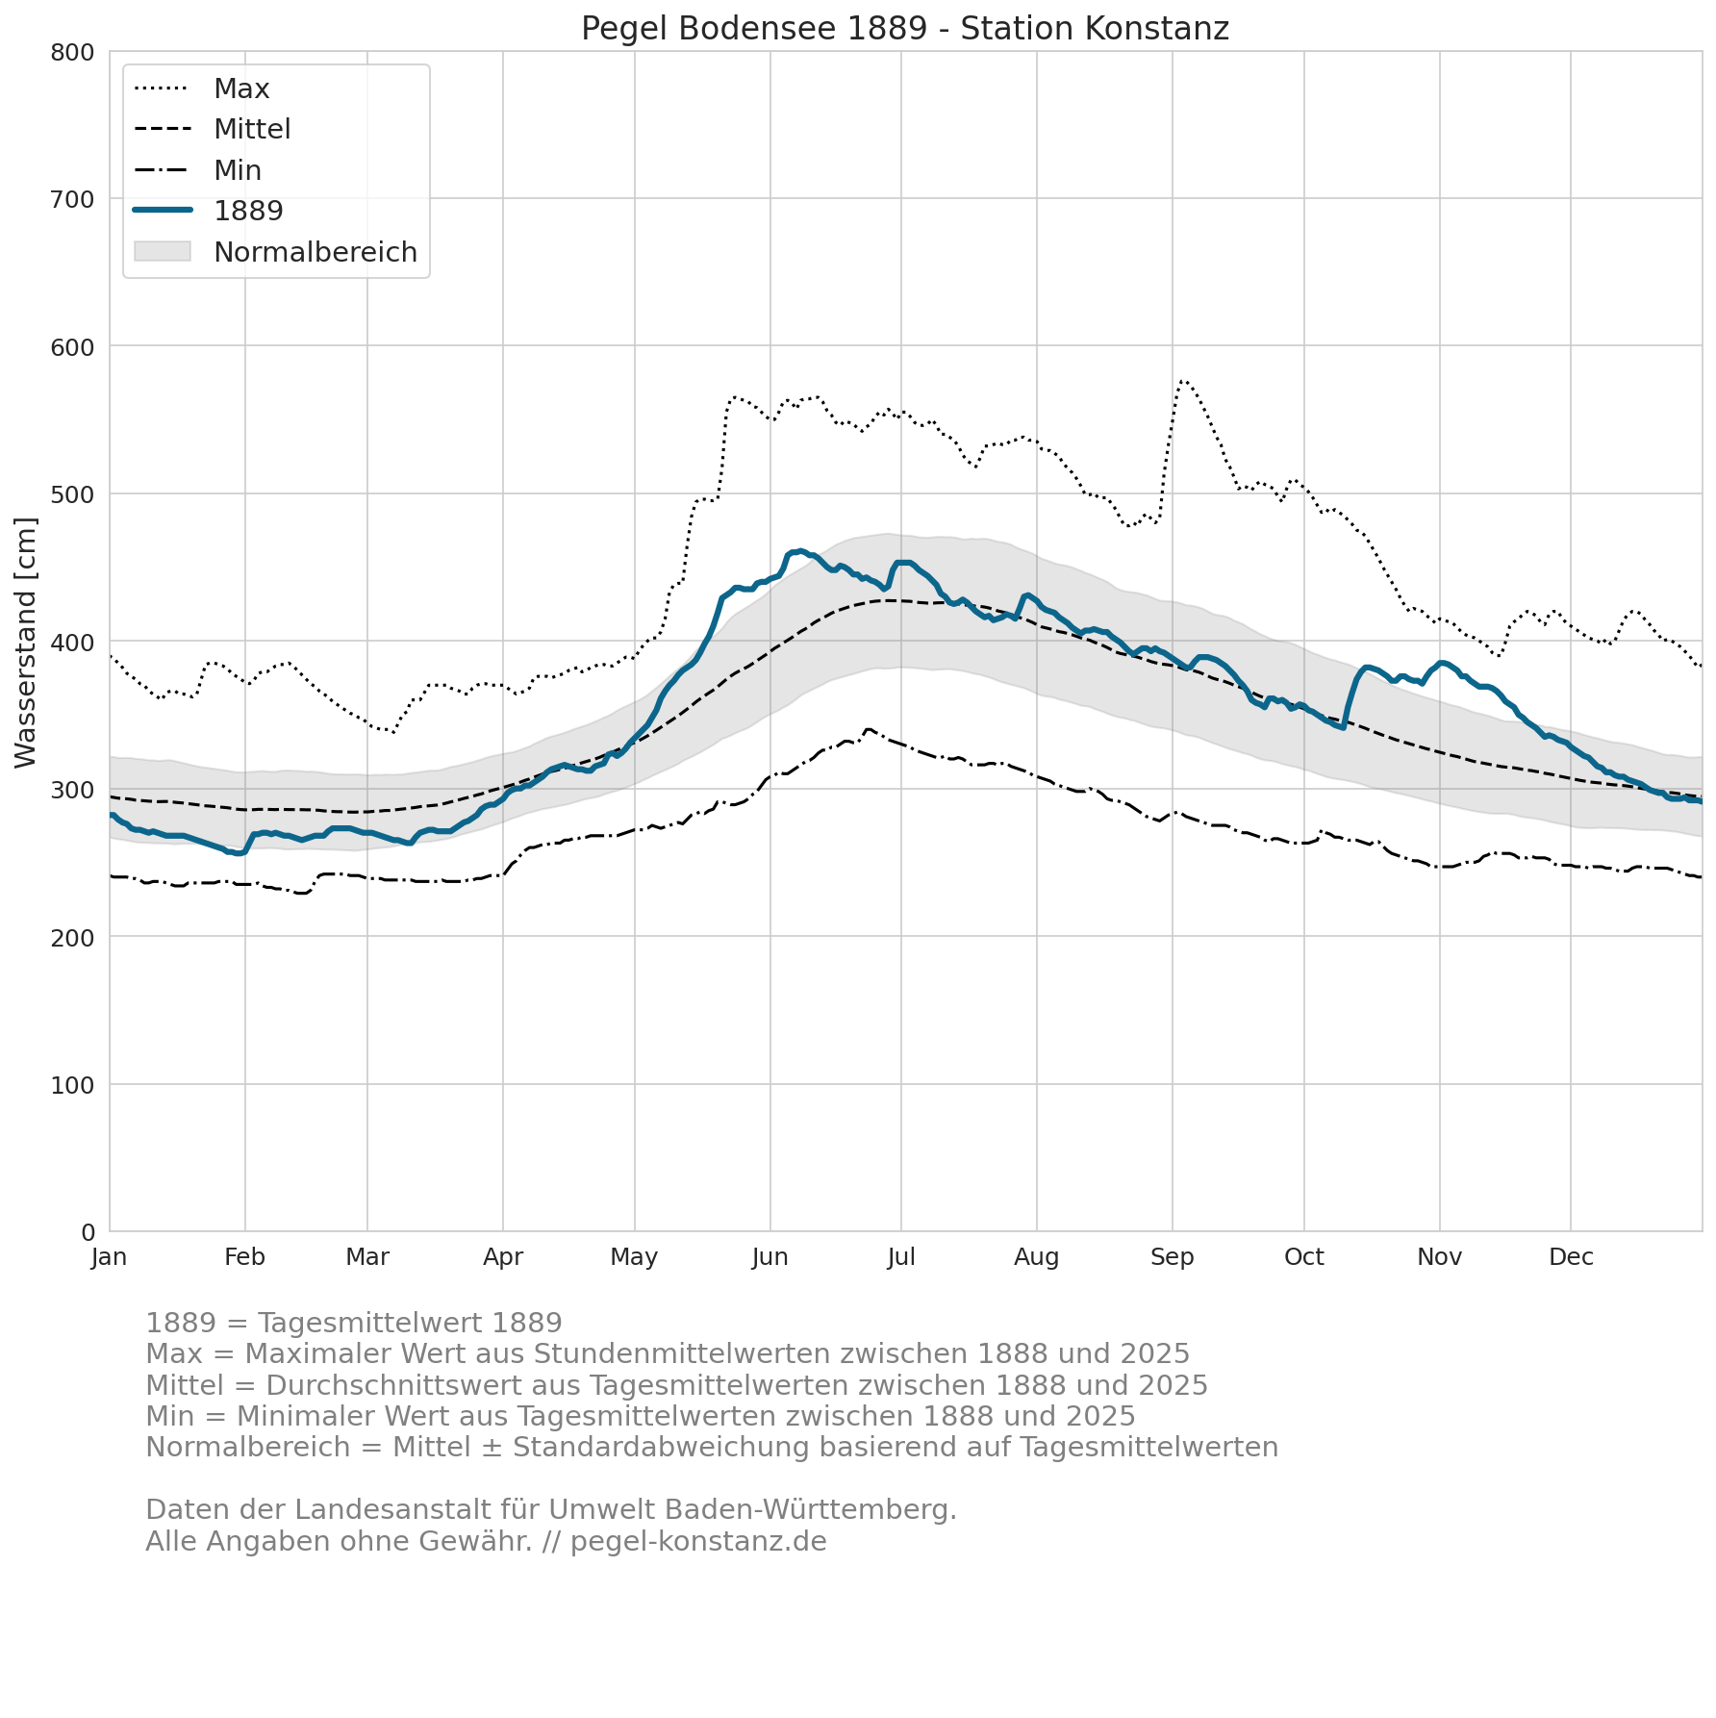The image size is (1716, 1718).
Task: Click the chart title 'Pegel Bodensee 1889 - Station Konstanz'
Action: click(x=905, y=29)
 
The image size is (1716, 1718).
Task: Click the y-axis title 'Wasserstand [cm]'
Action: click(x=26, y=643)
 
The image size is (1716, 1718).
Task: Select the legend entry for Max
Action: click(x=202, y=88)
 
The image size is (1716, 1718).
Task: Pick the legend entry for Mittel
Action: click(x=213, y=129)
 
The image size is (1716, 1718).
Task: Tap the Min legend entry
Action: click(x=198, y=170)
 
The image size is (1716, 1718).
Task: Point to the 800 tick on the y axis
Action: click(x=73, y=52)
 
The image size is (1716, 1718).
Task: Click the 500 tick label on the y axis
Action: click(x=73, y=494)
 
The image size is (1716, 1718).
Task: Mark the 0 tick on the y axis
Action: click(x=88, y=1232)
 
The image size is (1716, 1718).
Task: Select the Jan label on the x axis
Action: click(x=110, y=1257)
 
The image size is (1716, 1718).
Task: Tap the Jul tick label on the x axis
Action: click(x=901, y=1257)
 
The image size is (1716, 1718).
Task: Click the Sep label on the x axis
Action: click(x=1173, y=1257)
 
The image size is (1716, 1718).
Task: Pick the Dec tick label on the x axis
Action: click(x=1572, y=1257)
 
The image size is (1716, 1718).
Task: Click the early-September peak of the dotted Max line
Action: click(x=1182, y=380)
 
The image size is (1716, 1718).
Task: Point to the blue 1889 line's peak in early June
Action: click(x=800, y=551)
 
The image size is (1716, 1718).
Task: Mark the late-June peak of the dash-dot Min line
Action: click(x=869, y=729)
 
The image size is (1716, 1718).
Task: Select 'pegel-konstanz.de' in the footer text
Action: click(x=698, y=1541)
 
